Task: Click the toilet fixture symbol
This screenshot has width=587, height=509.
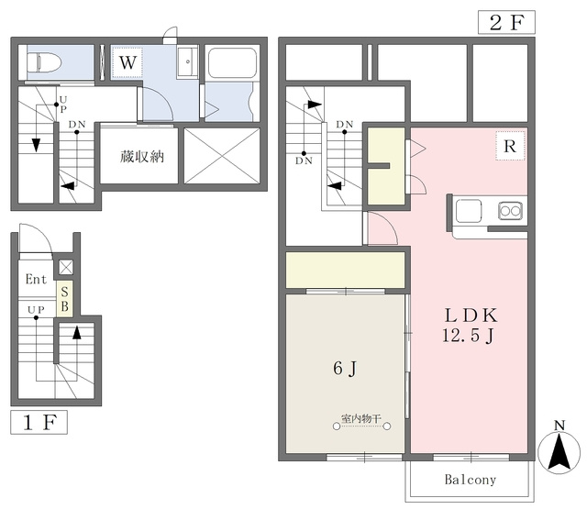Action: point(44,62)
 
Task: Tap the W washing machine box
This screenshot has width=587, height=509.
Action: point(127,62)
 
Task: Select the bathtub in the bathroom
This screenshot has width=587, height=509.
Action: point(232,63)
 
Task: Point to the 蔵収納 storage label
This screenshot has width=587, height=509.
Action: point(142,157)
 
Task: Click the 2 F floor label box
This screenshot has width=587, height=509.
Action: point(506,22)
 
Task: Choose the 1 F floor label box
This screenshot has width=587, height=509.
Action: point(39,422)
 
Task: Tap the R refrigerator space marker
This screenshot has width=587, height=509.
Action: point(510,146)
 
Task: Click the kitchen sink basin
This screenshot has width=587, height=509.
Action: point(469,211)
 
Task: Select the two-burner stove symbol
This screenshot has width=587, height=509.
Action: point(511,211)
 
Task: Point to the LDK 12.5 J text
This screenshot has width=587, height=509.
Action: point(471,325)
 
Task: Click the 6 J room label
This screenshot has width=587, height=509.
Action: point(345,369)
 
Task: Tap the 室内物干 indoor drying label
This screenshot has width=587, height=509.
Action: point(361,418)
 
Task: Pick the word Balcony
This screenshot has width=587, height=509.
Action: point(471,480)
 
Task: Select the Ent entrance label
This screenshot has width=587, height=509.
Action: point(36,279)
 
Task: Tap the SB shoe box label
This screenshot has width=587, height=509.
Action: point(64,299)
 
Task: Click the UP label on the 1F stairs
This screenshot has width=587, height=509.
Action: point(36,310)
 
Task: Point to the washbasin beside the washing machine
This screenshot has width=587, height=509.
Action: point(187,62)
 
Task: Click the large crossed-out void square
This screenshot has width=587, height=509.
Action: point(222,156)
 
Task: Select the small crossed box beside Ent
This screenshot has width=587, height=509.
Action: point(66,267)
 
